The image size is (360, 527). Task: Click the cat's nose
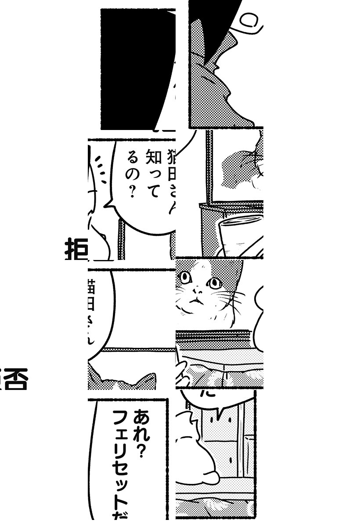(198, 291)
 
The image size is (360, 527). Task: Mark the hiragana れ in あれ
(141, 435)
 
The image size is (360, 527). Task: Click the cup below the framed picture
(239, 233)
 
